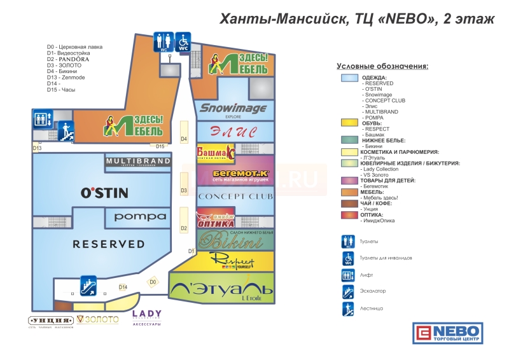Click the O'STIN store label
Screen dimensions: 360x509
pos(105,192)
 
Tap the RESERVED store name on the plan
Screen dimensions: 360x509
pos(108,244)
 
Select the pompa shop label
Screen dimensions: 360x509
pos(141,216)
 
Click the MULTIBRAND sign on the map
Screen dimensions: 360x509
pos(139,162)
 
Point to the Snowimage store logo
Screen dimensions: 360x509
pos(234,109)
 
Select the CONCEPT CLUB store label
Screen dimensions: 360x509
pos(235,196)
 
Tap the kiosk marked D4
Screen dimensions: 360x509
pos(184,139)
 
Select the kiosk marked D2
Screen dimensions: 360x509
pos(184,228)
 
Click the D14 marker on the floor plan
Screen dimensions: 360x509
pos(123,287)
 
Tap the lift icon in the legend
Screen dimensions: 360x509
pos(347,275)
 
